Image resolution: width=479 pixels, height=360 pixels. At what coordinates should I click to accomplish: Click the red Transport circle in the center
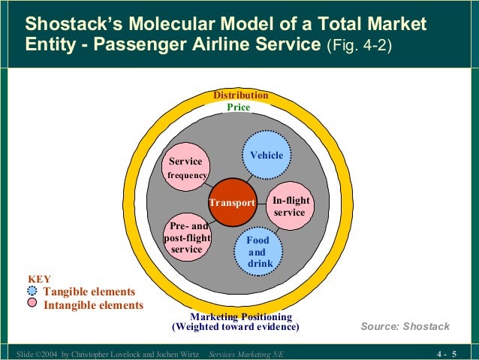tap(233, 202)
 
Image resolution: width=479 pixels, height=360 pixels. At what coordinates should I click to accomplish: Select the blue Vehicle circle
tap(267, 156)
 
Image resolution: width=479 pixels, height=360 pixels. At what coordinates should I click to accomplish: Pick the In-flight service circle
tap(289, 205)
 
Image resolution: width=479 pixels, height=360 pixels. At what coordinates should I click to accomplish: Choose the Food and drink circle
tap(259, 251)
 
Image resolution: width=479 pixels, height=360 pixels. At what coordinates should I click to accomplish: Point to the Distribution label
tap(240, 95)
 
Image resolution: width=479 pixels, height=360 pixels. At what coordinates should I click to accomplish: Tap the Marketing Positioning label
tap(240, 316)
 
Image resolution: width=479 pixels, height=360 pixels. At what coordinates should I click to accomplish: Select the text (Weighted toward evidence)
tap(236, 327)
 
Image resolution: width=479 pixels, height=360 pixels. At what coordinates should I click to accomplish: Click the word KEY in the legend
tap(39, 279)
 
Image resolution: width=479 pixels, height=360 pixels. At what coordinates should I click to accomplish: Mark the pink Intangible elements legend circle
tap(32, 304)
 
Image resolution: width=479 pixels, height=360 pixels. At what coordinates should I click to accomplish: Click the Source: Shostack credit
tap(405, 326)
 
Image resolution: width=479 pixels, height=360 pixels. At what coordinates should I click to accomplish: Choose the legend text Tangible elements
tap(89, 292)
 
